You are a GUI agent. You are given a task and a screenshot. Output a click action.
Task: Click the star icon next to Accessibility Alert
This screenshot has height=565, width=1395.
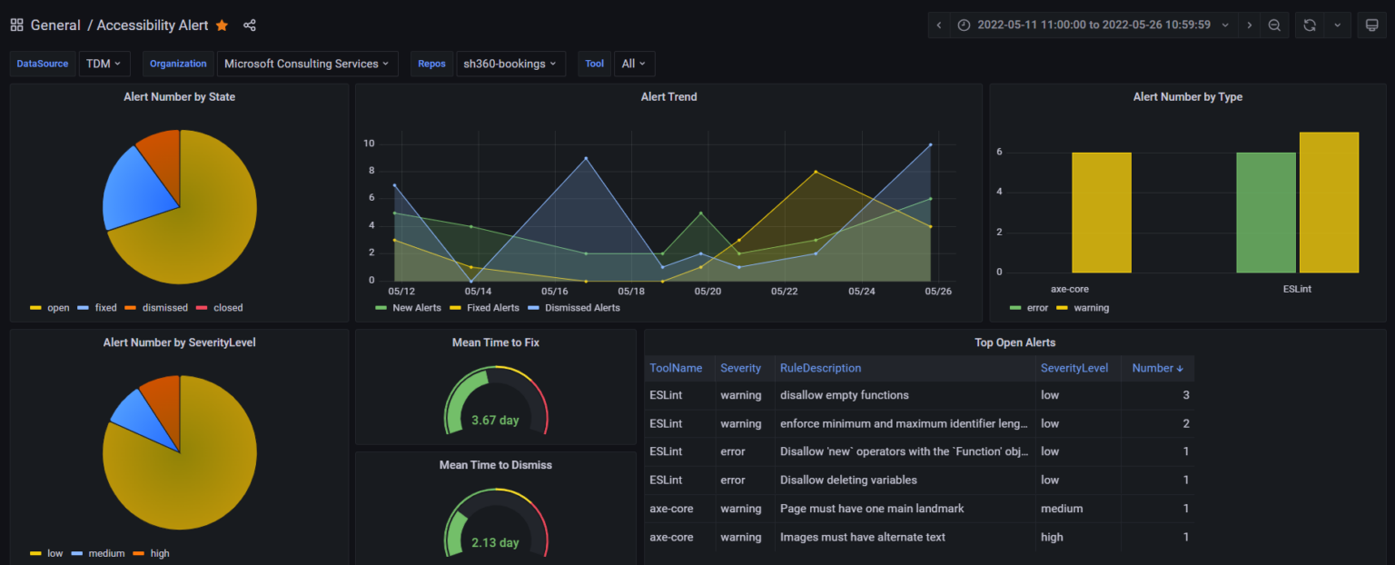(222, 25)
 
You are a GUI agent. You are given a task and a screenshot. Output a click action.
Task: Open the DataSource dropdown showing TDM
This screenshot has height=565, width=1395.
(105, 64)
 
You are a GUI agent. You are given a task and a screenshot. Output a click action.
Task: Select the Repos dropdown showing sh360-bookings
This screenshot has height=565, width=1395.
(510, 64)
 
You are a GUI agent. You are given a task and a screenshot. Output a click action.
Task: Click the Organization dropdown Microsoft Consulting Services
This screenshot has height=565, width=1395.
(306, 64)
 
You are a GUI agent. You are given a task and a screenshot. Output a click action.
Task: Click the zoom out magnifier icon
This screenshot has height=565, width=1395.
(1274, 25)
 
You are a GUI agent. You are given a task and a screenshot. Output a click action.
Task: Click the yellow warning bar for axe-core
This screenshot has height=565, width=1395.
(1101, 213)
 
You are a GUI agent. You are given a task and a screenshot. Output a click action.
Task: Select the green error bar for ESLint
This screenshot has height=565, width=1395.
(1265, 213)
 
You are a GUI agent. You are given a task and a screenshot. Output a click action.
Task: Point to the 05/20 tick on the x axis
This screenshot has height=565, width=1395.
(707, 292)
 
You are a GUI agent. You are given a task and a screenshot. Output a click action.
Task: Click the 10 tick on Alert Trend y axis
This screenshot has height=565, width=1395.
(370, 144)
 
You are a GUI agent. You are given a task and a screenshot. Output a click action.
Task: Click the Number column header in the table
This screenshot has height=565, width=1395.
(1157, 368)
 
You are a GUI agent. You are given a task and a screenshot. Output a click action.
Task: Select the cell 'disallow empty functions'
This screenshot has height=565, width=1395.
(844, 395)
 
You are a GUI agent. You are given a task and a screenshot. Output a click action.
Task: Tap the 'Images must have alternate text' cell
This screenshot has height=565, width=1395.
(862, 537)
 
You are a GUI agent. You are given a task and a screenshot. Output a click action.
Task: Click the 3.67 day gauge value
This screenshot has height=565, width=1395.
(495, 421)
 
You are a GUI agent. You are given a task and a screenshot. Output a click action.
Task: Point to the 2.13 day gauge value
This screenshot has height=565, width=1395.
(495, 542)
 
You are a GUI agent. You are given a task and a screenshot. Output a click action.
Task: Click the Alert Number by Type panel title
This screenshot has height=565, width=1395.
(1187, 97)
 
